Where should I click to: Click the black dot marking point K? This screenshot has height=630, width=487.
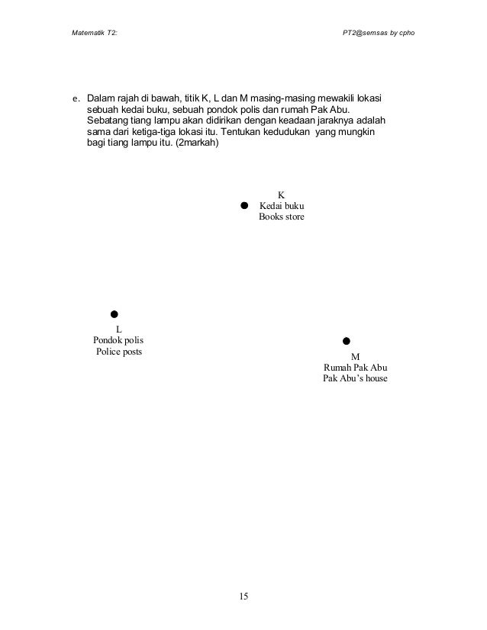(x=244, y=205)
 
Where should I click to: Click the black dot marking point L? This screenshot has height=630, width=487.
(x=113, y=313)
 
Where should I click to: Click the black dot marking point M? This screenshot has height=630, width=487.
(x=346, y=340)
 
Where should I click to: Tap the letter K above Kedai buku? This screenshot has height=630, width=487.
(x=281, y=194)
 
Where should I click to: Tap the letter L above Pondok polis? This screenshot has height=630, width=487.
(x=118, y=328)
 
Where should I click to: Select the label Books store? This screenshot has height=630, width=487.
(x=281, y=217)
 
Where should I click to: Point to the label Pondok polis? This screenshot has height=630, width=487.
(x=118, y=339)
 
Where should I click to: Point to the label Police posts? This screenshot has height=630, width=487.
(x=118, y=352)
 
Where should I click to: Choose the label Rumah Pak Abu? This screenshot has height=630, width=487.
(x=355, y=367)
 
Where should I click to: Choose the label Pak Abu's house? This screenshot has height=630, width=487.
(x=355, y=379)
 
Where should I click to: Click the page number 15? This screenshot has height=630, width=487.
(x=243, y=596)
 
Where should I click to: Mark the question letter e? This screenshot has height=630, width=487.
(x=75, y=99)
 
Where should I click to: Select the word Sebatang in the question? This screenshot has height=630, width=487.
(x=108, y=121)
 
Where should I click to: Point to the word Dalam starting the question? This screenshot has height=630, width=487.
(x=101, y=99)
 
